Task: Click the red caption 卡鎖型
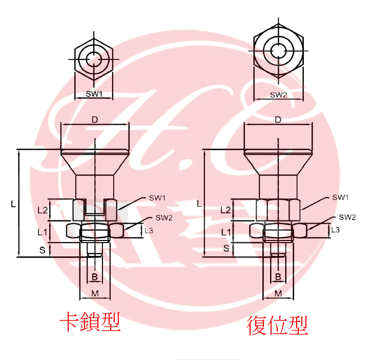[x=90, y=323]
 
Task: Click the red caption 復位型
[x=278, y=325]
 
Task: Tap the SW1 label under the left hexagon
[x=94, y=94]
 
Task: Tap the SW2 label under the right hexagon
[x=278, y=94]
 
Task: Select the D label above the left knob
[x=94, y=120]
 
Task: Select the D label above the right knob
[x=278, y=120]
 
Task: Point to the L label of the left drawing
[x=14, y=204]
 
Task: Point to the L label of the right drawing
[x=199, y=204]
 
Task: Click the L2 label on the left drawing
[x=43, y=210]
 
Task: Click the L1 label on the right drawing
[x=225, y=232]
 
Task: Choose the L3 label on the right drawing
[x=335, y=230]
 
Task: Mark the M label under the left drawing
[x=94, y=293]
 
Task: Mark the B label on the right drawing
[x=278, y=277]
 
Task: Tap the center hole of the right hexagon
[x=278, y=50]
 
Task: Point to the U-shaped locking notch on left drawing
[x=94, y=208]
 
